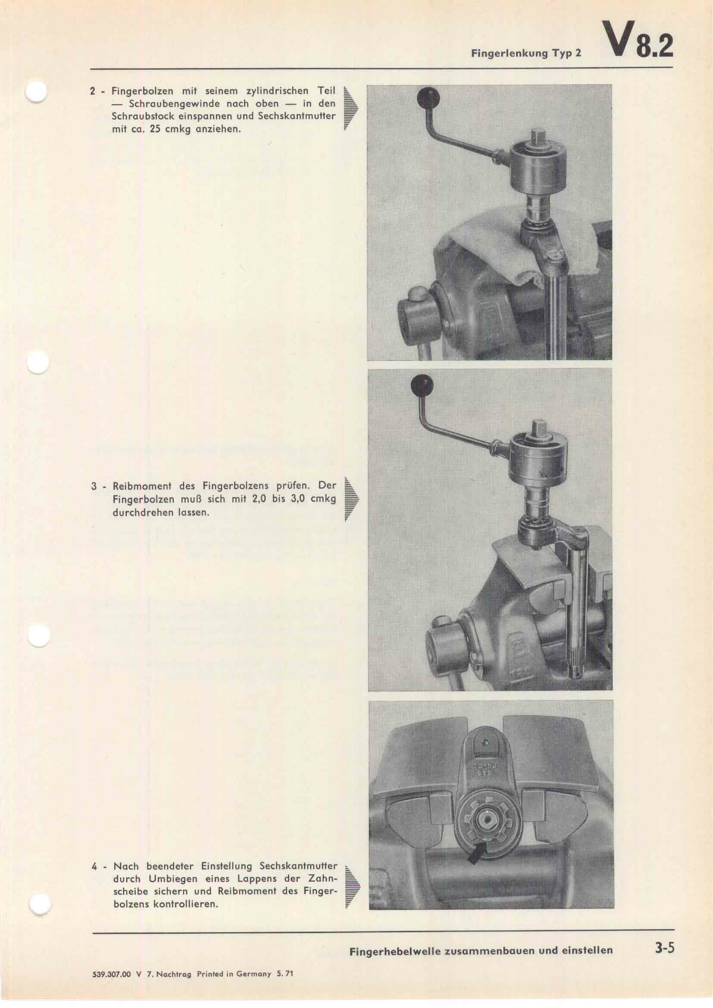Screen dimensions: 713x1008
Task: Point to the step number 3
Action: click(x=94, y=487)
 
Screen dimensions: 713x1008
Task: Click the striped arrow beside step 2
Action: click(x=351, y=110)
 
